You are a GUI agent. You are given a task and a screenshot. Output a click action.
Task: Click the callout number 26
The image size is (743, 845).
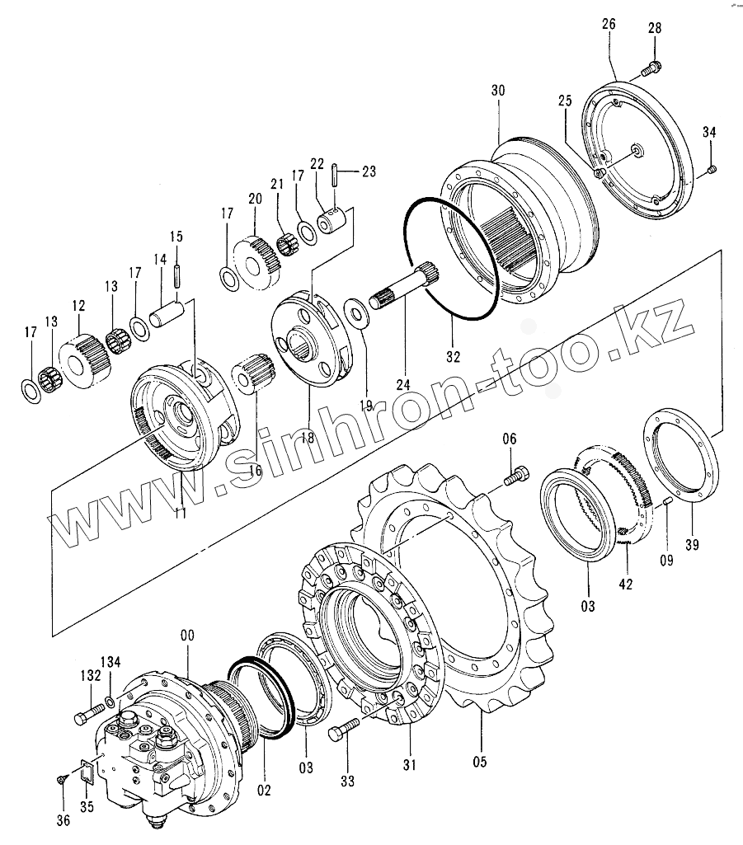click(x=609, y=24)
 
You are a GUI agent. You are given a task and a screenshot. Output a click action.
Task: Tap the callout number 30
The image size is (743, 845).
click(x=498, y=90)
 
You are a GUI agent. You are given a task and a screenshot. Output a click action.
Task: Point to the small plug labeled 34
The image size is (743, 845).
click(x=713, y=170)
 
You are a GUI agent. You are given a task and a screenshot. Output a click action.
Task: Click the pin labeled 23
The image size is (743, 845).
click(x=335, y=173)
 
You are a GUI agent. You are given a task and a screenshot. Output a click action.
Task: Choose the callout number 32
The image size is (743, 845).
click(x=453, y=357)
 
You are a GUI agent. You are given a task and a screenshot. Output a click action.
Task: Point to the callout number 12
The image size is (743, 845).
click(x=78, y=306)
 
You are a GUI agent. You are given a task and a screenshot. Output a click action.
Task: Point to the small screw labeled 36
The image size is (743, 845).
click(x=62, y=778)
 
